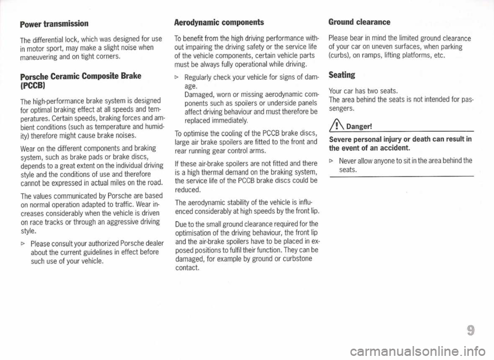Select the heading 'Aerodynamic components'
(x=219, y=23)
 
